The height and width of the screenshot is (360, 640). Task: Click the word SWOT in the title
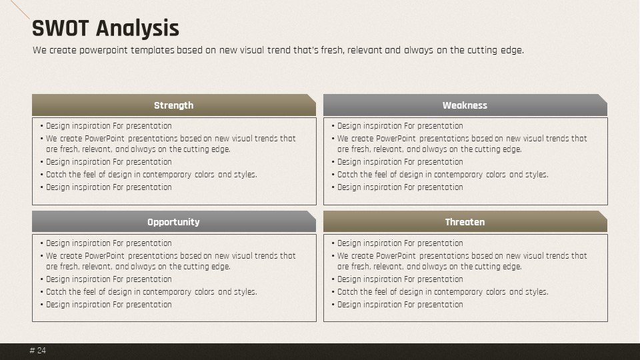coord(61,28)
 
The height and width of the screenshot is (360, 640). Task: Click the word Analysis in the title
coord(137,29)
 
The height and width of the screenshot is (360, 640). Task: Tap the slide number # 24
coord(38,351)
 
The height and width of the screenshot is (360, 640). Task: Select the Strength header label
coord(173,105)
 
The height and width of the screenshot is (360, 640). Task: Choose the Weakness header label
coord(465,105)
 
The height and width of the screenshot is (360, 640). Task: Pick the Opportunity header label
coord(173,223)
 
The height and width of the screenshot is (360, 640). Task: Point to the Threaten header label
coord(465,222)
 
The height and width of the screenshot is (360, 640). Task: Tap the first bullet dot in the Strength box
coord(42,126)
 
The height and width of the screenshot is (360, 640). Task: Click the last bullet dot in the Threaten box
coord(333,305)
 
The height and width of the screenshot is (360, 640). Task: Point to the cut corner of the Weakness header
coord(603,99)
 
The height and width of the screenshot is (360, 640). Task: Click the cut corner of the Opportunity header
coord(311,215)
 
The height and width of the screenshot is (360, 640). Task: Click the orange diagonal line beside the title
coord(19,9)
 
